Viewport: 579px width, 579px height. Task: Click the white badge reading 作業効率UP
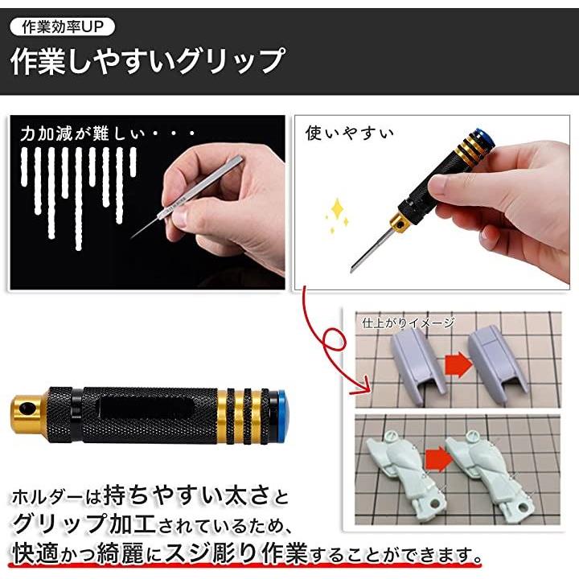point(63,27)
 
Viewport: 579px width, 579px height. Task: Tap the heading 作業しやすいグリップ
point(148,61)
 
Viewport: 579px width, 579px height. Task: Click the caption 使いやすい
point(349,133)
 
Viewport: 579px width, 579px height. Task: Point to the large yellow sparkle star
point(337,209)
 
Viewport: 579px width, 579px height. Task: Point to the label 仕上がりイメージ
point(408,322)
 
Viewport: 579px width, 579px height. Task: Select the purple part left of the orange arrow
point(417,366)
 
